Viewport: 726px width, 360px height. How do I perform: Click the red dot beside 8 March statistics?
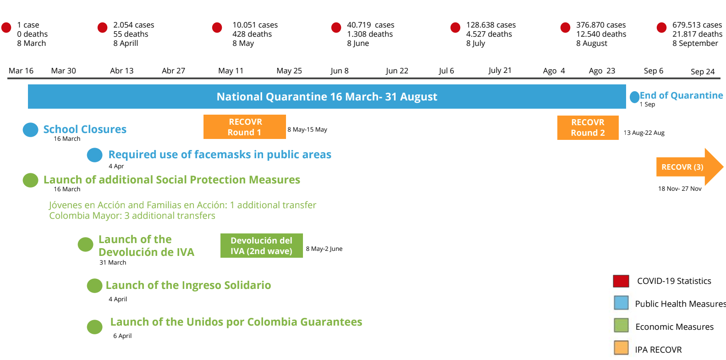tap(6, 28)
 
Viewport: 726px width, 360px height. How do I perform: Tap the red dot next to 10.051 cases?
tap(217, 28)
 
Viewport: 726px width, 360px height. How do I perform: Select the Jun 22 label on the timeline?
tap(397, 71)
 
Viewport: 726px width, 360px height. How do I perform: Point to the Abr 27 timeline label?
tap(173, 71)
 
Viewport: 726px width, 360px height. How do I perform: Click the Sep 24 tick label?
tap(702, 72)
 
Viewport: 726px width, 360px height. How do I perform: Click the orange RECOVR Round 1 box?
tap(245, 127)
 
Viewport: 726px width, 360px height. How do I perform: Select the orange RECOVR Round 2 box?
tap(588, 128)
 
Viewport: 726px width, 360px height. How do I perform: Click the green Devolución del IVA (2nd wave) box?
tap(262, 245)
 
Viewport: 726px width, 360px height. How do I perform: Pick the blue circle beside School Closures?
tap(30, 130)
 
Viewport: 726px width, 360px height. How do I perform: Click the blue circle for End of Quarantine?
tap(634, 97)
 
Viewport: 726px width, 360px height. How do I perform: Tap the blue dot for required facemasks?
tap(94, 155)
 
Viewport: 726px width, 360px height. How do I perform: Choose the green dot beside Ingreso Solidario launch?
tap(94, 286)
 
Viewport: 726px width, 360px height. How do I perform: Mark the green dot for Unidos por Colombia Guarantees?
tap(94, 327)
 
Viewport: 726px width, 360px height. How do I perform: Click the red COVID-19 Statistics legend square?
tap(621, 281)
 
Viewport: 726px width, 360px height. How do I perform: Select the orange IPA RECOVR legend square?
tap(621, 348)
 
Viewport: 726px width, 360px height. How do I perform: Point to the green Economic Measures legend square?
tap(621, 325)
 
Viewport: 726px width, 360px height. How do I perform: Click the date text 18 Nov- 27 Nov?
tap(680, 188)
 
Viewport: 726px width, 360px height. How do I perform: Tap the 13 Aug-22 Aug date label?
tap(644, 133)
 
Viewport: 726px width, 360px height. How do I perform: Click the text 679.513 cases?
tap(697, 25)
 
